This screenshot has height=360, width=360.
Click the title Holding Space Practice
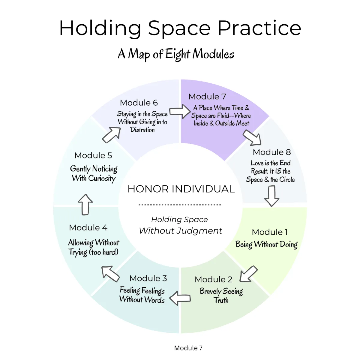[180, 28]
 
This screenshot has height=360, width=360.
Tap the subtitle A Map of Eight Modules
[176, 54]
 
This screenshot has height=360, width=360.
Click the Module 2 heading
[213, 280]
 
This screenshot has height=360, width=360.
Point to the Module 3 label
[148, 278]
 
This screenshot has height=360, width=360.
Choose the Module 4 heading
[88, 227]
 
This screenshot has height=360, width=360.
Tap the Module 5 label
[93, 155]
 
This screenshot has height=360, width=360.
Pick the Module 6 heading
[139, 103]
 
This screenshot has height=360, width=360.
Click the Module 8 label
[272, 152]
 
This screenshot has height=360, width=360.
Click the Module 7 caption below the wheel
[188, 348]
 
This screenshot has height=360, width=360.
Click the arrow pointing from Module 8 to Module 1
[271, 196]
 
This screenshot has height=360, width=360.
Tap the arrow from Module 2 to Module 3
[180, 298]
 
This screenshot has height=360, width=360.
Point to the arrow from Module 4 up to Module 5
[85, 205]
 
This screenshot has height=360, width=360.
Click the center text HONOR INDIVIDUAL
[181, 189]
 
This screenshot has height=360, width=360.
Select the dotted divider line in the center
[180, 205]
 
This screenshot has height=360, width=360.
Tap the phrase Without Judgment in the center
[181, 231]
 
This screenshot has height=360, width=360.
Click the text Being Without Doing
[266, 244]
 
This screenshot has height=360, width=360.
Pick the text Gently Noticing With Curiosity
[94, 174]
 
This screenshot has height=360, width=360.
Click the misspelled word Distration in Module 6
[142, 130]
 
